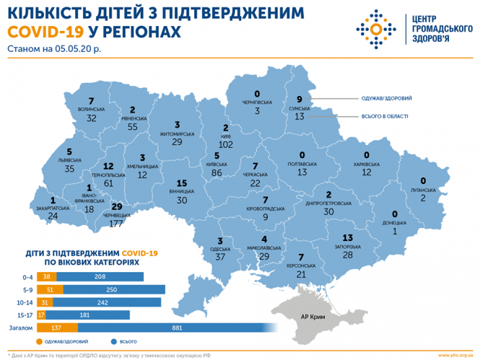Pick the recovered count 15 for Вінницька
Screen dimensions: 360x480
[x=181, y=183]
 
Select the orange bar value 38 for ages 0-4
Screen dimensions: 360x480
[x=47, y=276]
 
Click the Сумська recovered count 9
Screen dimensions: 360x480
[x=300, y=100]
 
